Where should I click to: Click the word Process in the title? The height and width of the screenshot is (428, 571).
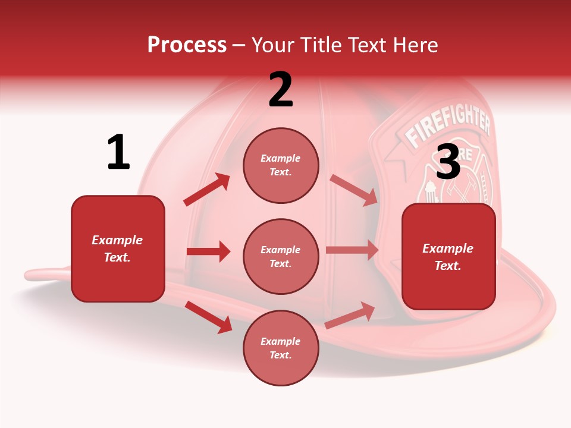tap(187, 45)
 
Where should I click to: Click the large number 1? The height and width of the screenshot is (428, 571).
tap(118, 153)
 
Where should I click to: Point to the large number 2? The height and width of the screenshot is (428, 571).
tap(281, 90)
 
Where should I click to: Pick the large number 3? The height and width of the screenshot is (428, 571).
tap(448, 162)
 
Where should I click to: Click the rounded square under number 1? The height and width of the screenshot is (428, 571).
tap(118, 248)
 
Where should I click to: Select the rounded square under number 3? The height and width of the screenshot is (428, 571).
tap(448, 257)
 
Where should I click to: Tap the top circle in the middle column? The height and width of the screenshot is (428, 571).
tap(281, 165)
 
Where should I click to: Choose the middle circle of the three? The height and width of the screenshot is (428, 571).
tap(281, 256)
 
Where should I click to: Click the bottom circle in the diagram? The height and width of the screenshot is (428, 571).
tap(281, 348)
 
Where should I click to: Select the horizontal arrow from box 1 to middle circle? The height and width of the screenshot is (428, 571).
tap(208, 251)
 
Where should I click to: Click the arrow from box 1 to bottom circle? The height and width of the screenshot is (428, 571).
tap(208, 317)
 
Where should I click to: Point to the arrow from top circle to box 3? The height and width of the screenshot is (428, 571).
tap(353, 190)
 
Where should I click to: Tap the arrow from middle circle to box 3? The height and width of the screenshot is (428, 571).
tap(352, 250)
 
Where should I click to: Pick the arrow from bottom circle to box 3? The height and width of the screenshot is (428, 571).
tap(350, 316)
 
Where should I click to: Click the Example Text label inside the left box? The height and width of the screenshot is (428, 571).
tap(117, 248)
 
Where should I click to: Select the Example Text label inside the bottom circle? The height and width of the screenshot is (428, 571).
tap(281, 348)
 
